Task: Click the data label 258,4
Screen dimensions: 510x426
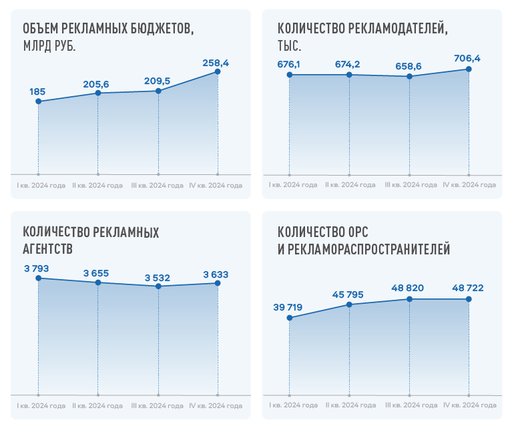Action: tap(216, 63)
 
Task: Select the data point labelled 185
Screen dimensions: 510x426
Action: tap(38, 101)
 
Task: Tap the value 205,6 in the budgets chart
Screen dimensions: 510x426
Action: tap(96, 84)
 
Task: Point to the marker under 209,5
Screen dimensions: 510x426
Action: tap(158, 91)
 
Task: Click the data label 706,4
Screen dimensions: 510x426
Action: tap(467, 59)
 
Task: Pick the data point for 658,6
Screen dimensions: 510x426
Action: tap(409, 77)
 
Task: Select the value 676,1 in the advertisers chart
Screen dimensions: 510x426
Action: tap(288, 65)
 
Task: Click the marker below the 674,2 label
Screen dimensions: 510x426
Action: tap(349, 75)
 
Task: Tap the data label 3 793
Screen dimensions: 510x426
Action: tap(37, 268)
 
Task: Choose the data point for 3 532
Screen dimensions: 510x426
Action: tap(158, 286)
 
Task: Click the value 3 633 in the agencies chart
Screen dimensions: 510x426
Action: tap(216, 274)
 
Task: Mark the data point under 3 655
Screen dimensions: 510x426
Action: tap(98, 282)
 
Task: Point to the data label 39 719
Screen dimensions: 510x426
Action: tap(288, 307)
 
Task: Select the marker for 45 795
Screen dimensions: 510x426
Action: tap(349, 304)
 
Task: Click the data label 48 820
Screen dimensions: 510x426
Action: tap(408, 288)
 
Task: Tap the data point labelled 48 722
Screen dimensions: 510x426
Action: tap(469, 299)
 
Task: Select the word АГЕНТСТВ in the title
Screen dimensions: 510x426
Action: tap(48, 249)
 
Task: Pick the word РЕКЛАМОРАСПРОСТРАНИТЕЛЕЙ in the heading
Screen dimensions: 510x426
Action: tap(369, 249)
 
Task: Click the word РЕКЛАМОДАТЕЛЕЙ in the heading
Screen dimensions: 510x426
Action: tap(398, 29)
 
